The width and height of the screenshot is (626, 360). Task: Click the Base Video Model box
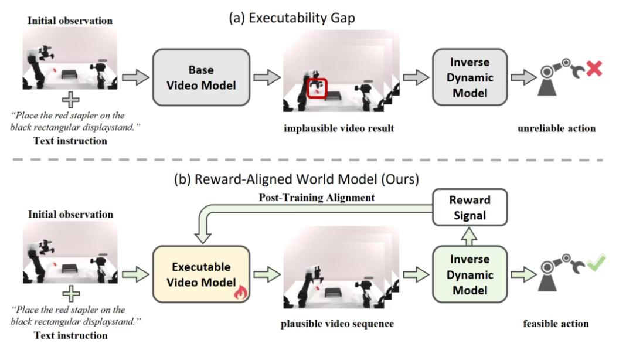click(201, 77)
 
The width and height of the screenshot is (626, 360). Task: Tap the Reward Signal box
click(469, 208)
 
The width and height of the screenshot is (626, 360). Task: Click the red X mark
click(594, 69)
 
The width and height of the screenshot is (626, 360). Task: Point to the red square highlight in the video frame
click(318, 87)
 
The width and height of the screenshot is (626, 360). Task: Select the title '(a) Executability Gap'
click(291, 18)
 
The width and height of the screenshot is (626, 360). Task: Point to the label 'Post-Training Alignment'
click(317, 198)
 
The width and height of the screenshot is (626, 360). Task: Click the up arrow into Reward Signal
click(470, 236)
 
